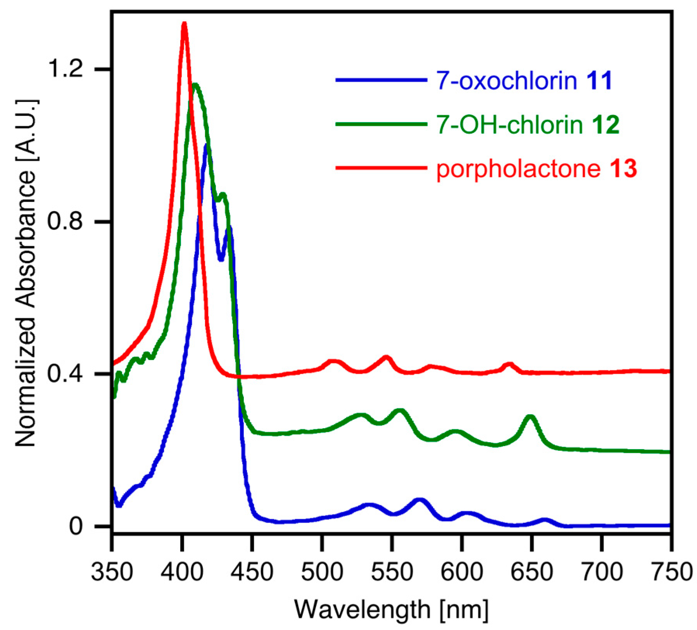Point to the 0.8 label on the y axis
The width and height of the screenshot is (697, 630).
tap(65, 222)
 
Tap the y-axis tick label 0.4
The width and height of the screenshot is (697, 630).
tap(65, 374)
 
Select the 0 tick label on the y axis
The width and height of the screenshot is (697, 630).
tap(76, 527)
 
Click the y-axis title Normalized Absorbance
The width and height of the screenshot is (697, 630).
tap(26, 273)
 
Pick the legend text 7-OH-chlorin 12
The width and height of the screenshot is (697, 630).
tap(528, 125)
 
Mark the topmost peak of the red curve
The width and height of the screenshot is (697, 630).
tap(184, 24)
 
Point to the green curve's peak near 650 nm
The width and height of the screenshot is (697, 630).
tap(530, 417)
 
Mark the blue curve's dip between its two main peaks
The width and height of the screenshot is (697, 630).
tap(221, 259)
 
